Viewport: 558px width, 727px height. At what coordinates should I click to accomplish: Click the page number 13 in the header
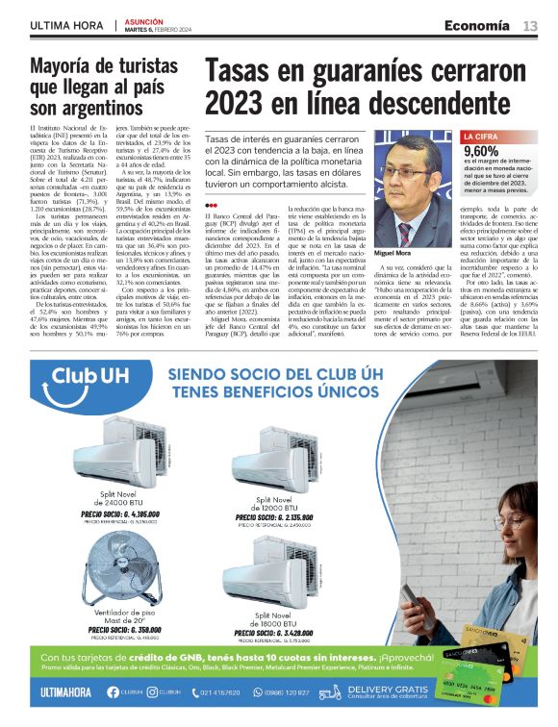[530, 26]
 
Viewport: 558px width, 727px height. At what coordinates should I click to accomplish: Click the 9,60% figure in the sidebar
[481, 151]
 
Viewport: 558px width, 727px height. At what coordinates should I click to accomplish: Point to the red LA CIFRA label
[480, 138]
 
